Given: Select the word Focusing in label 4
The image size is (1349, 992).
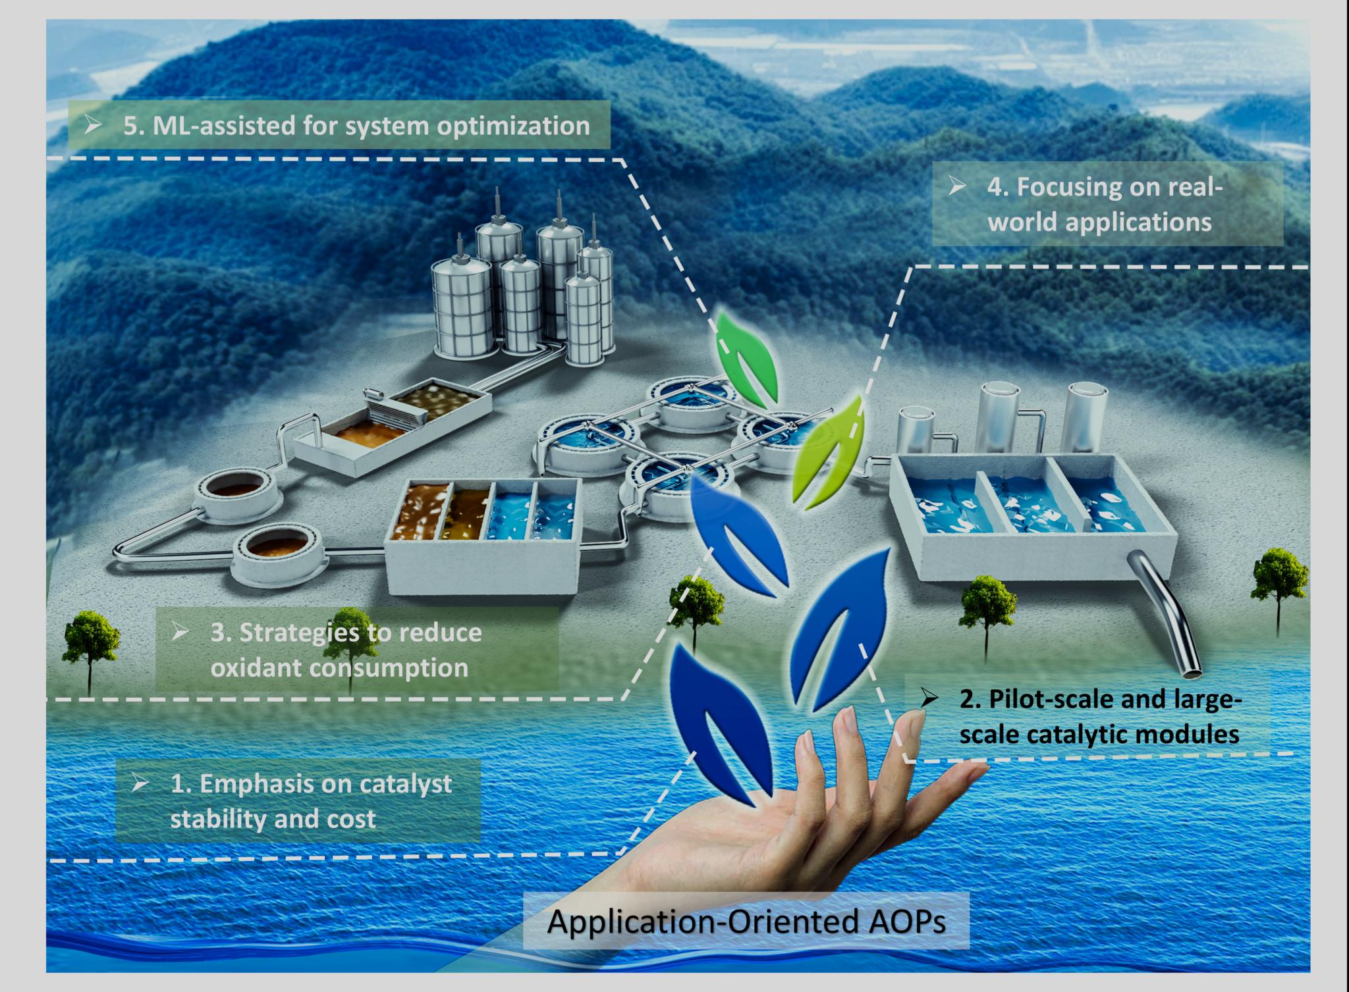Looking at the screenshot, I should pos(1060,187).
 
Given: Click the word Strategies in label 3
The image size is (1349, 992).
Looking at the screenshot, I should pos(300,633).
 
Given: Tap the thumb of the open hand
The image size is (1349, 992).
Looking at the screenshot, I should pos(949,777).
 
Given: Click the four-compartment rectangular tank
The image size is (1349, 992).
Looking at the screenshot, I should pos(484,536).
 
